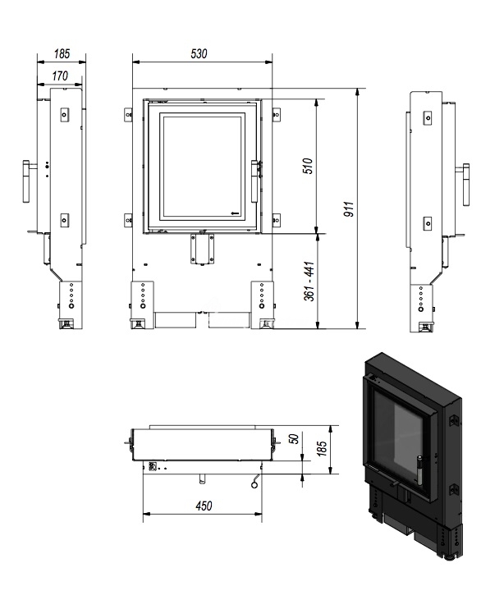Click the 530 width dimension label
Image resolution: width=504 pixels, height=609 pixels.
tap(199, 53)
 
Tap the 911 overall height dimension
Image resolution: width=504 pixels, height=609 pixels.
tap(349, 209)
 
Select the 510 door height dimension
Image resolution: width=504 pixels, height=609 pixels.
tap(308, 166)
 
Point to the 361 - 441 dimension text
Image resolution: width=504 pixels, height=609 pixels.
tap(309, 282)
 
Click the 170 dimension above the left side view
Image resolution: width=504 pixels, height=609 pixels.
tap(60, 76)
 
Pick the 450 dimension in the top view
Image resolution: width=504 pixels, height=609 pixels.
tap(204, 506)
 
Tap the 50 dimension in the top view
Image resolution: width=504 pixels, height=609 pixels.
tap(295, 439)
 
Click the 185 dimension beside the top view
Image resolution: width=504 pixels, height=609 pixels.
tap(322, 448)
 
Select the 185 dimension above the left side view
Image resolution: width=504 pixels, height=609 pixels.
tap(62, 53)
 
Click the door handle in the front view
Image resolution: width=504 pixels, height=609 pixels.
tap(254, 181)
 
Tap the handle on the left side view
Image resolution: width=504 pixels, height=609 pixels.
tap(26, 181)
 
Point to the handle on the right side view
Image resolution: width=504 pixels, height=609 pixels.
tap(466, 185)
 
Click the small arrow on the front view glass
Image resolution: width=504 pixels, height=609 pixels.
tap(235, 213)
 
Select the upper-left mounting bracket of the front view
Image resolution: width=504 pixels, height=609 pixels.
tap(128, 115)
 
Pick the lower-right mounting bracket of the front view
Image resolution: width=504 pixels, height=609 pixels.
tap(276, 220)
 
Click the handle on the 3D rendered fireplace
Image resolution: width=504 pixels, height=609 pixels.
tap(419, 470)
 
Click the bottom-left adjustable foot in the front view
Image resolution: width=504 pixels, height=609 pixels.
tap(138, 323)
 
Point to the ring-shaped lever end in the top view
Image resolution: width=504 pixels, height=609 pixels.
tap(254, 484)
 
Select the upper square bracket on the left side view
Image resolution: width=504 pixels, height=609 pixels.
tap(64, 114)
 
